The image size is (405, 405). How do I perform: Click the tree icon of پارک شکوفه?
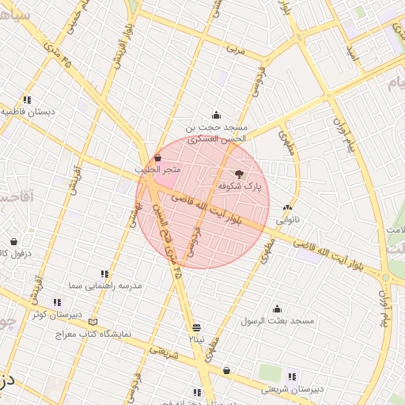coord(240,172)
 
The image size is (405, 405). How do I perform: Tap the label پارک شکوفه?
coord(240,186)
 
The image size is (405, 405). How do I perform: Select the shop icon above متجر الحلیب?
coord(158,157)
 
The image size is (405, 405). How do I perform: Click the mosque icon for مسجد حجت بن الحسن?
coord(216,115)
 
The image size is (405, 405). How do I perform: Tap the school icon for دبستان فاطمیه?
coord(28,100)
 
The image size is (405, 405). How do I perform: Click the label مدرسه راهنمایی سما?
coord(104,285)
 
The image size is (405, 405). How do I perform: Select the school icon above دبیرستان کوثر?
coord(56,301)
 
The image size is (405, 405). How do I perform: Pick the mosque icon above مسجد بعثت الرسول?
coord(277,308)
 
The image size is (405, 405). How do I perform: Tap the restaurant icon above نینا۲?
coord(196,327)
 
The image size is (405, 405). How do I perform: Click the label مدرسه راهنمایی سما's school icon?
coord(104,273)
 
